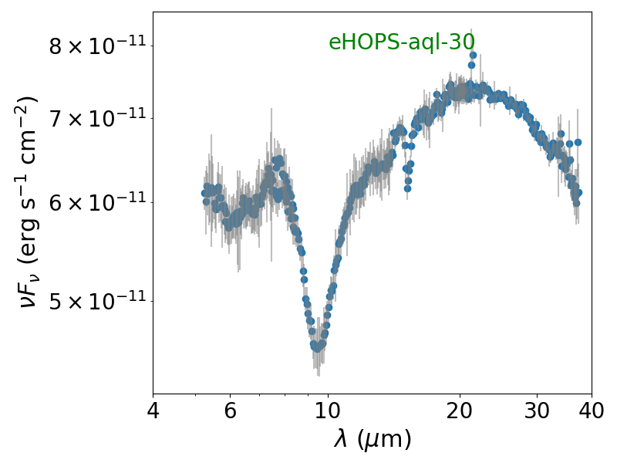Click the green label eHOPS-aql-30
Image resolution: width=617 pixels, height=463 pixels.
click(402, 42)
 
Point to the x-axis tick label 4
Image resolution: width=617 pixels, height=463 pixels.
click(153, 411)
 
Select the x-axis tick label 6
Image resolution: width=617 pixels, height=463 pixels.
click(230, 411)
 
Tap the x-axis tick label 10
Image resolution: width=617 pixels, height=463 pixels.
click(328, 411)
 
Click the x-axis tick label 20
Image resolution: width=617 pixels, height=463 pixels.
click(460, 411)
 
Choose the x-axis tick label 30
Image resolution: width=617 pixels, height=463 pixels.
click(537, 411)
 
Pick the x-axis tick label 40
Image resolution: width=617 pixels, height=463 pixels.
click(592, 411)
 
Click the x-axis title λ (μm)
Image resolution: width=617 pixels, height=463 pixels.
click(373, 438)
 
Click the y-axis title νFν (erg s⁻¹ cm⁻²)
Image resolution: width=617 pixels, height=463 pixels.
click(29, 202)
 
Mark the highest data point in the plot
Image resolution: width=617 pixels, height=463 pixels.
click(473, 55)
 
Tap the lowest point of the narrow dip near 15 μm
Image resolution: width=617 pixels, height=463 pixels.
click(407, 188)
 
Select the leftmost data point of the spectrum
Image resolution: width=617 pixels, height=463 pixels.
click(204, 194)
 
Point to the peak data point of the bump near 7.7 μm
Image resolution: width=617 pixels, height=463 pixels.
click(280, 158)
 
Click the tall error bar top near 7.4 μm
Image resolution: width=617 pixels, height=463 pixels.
click(271, 109)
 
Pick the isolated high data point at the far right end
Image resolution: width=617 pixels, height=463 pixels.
click(578, 142)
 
